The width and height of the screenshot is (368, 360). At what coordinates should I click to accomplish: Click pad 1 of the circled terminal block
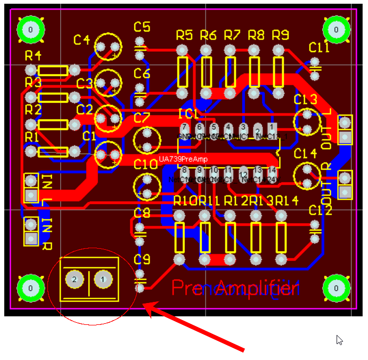[x=103, y=279]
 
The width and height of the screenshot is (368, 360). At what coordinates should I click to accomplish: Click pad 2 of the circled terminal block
[x=75, y=279]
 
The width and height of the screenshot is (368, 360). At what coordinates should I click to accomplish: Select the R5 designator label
[x=184, y=36]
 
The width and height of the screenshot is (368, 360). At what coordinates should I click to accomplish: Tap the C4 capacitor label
[x=82, y=39]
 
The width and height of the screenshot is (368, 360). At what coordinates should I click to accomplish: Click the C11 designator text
[x=319, y=48]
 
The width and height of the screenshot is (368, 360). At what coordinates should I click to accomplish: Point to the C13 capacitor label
[x=305, y=100]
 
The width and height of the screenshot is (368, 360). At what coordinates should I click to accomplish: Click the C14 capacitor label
[x=305, y=154]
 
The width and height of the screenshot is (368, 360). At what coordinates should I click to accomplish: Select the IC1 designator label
[x=189, y=114]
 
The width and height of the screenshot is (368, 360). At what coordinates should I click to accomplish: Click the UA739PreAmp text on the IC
[x=183, y=159]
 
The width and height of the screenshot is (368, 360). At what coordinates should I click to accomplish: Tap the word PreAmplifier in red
[x=234, y=288]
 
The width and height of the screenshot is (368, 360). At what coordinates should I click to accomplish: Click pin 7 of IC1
[x=184, y=127]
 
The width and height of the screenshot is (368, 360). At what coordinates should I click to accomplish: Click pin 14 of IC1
[x=272, y=170]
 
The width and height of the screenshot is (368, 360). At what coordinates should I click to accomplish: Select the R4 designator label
[x=33, y=55]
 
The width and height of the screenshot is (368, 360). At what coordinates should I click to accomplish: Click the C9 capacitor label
[x=142, y=259]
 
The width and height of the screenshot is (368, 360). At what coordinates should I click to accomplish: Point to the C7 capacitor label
[x=142, y=117]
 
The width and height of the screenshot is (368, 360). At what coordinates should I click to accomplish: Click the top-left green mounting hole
[x=30, y=29]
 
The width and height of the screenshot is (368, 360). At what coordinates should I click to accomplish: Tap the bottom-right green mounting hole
[x=337, y=288]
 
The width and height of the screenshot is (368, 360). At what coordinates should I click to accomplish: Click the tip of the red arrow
[x=145, y=305]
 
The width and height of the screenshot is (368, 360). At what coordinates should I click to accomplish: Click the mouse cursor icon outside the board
[x=339, y=339]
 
